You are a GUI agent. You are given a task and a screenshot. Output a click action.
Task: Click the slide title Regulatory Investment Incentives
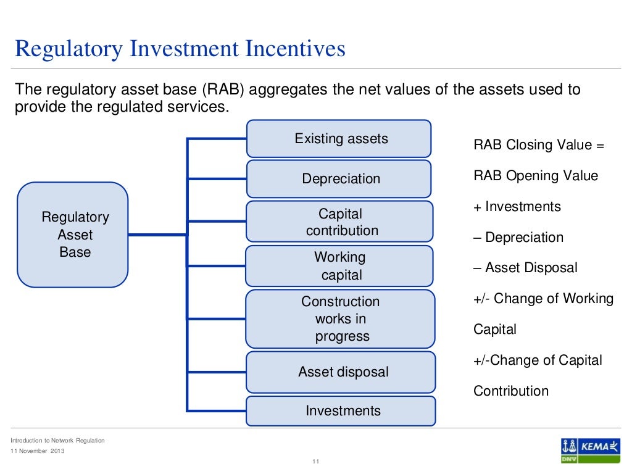coord(180,49)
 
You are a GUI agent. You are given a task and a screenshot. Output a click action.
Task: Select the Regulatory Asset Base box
coord(73,235)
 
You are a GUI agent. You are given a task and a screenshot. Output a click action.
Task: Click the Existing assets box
coord(339,139)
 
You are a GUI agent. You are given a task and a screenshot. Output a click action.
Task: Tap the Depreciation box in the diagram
coord(339,179)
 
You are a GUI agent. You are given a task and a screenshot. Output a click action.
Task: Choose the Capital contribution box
coord(339,222)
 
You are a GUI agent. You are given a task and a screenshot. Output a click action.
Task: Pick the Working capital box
coord(339,266)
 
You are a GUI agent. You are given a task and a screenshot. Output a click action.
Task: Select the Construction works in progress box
coord(340,319)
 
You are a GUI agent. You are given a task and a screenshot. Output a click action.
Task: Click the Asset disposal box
coord(341,372)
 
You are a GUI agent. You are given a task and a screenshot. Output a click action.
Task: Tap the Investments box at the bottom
coord(341,411)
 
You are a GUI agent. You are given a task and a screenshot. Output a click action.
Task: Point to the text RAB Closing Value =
coord(539,145)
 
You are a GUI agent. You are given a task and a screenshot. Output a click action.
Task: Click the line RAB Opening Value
coord(536,176)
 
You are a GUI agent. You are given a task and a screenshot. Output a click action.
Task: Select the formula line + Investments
coord(517,207)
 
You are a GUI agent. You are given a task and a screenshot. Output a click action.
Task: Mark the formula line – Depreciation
coord(518,238)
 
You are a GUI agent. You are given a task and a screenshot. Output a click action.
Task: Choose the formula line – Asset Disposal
coord(525,268)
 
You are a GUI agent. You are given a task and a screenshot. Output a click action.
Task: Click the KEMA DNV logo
coord(590,450)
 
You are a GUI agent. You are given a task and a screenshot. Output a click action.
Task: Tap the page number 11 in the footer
coord(315,462)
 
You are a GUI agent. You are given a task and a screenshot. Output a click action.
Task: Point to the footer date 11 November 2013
coord(37,451)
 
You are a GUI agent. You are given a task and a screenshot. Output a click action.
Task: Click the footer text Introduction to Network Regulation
coord(58,441)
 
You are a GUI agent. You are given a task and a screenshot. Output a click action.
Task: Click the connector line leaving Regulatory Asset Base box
coord(157,235)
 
